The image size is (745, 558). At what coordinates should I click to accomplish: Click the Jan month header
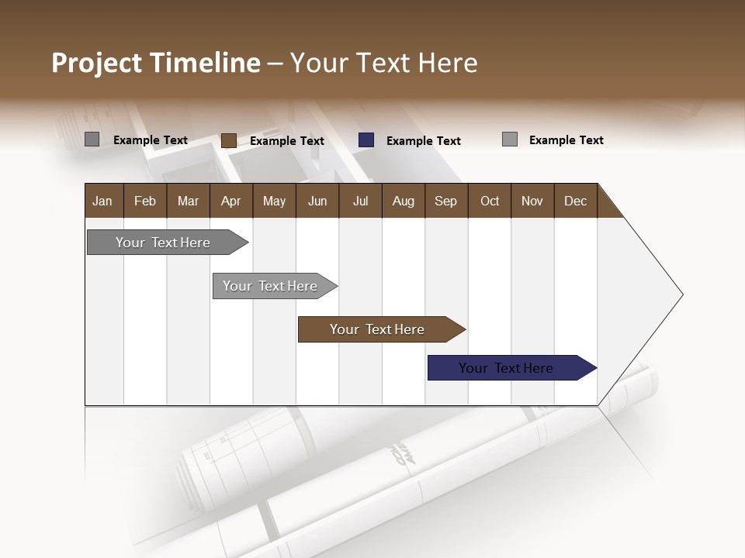click(102, 201)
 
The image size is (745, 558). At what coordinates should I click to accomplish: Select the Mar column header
click(188, 201)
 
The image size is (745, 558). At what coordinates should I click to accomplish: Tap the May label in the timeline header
click(274, 201)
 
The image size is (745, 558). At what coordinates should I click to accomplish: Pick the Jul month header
click(360, 201)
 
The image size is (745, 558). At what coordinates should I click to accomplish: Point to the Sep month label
click(445, 201)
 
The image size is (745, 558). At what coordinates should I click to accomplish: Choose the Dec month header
click(575, 201)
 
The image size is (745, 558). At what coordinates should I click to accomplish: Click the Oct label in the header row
click(490, 201)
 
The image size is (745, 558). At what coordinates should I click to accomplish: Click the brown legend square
click(228, 140)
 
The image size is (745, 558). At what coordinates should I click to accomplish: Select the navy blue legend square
click(366, 140)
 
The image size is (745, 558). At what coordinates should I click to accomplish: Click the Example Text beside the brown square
click(287, 141)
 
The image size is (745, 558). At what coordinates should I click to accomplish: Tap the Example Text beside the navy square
click(424, 141)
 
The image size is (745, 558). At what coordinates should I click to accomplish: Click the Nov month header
click(532, 201)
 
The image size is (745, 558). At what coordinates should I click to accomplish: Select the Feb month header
click(145, 201)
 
